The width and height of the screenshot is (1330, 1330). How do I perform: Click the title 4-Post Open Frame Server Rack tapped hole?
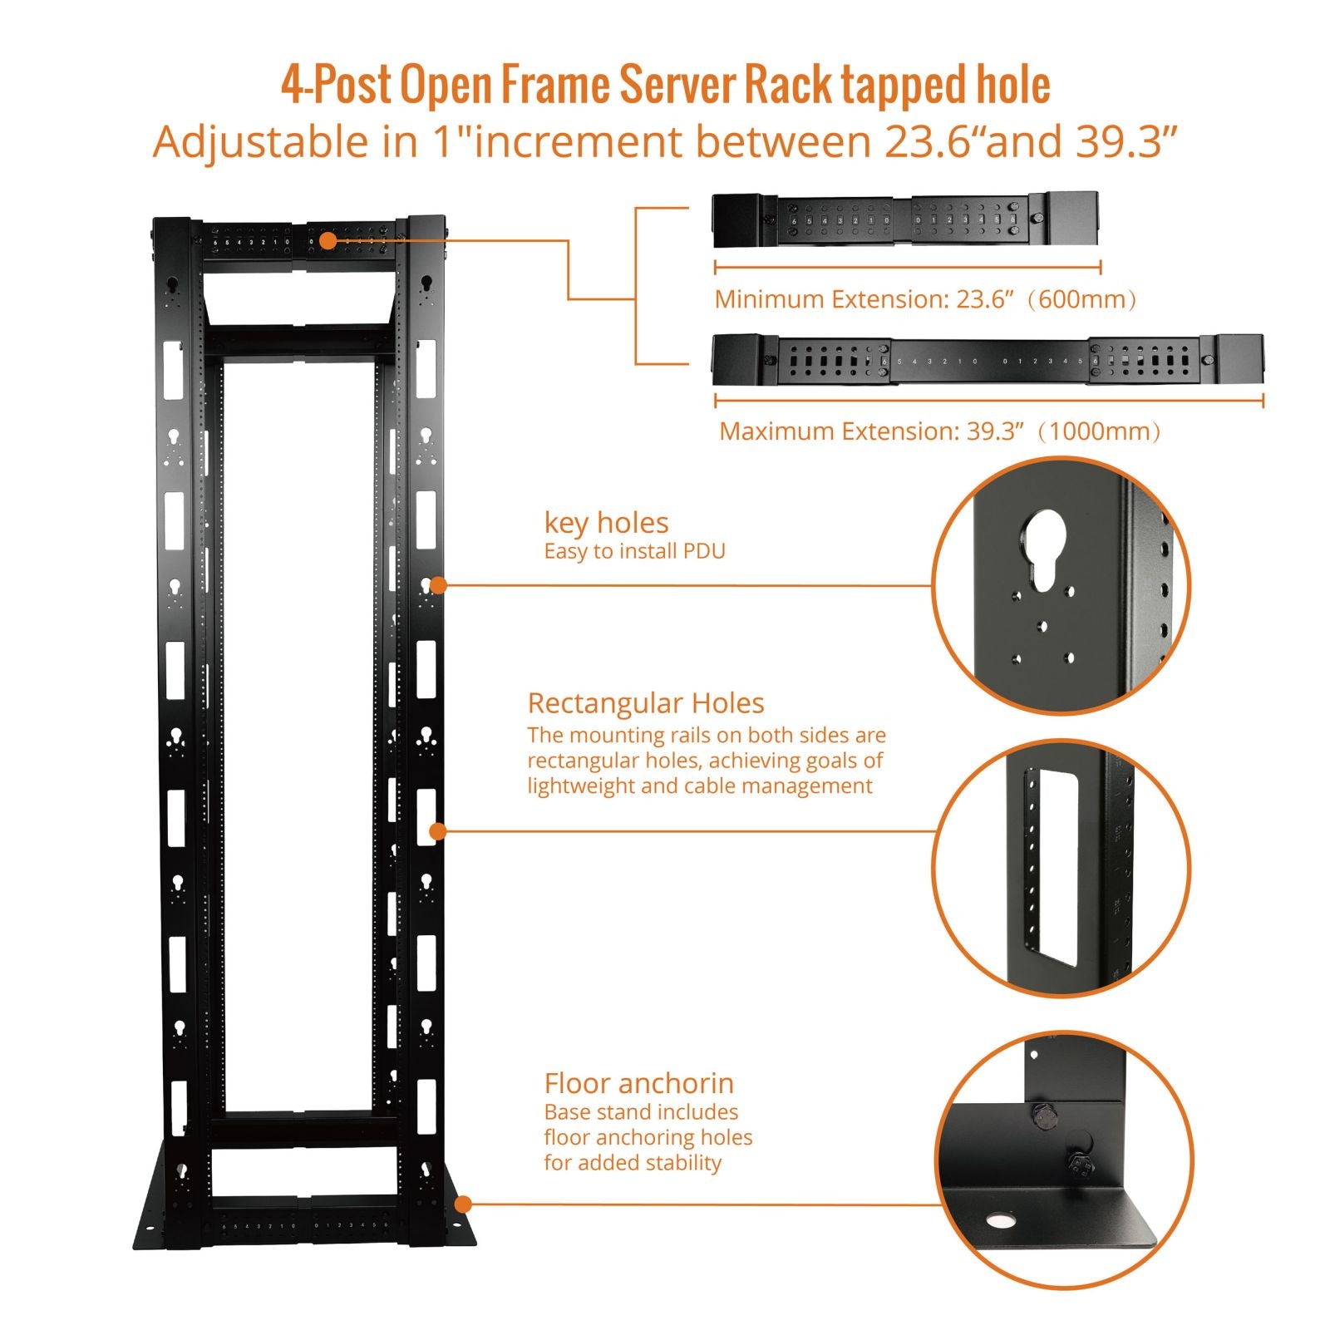[665, 85]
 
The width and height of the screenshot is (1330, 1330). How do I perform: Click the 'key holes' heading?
[606, 523]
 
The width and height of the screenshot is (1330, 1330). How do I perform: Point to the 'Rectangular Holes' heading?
[646, 703]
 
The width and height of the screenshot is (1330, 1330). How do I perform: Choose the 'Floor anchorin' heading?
[638, 1083]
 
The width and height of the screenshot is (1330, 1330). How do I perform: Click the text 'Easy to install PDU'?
[634, 551]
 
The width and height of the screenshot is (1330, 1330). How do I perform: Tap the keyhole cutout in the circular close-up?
[1045, 549]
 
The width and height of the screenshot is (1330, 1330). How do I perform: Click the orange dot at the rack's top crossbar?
[328, 241]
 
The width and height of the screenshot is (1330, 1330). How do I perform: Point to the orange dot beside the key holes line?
[439, 585]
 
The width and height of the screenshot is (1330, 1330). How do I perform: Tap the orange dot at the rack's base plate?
[463, 1204]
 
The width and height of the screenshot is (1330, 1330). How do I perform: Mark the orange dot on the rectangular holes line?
[438, 830]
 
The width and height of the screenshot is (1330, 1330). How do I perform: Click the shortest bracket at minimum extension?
[905, 219]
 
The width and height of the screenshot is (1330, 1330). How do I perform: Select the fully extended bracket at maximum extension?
[988, 360]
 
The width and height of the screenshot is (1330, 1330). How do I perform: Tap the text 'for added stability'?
[633, 1163]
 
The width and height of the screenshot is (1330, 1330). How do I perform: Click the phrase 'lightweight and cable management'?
[700, 786]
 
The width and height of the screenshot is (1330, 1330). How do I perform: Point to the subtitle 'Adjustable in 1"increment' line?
[665, 141]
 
